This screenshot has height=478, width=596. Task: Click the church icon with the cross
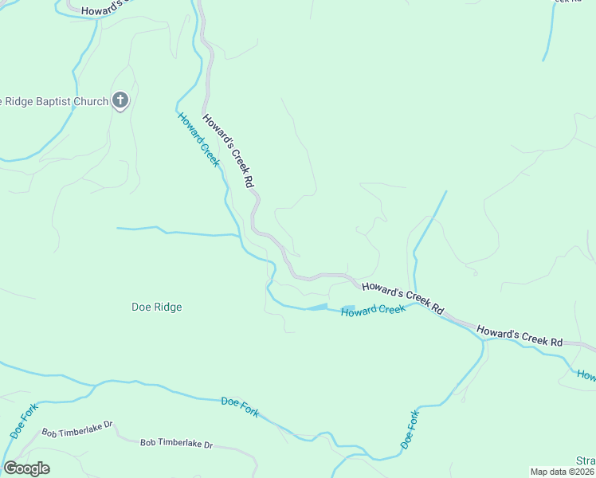click(120, 100)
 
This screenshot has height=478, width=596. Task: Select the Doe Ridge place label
click(157, 307)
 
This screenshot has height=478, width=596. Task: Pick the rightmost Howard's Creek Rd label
click(520, 335)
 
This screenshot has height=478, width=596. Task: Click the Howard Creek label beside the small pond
click(373, 310)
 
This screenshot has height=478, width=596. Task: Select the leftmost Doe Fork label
click(18, 424)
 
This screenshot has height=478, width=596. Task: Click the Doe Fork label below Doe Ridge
click(240, 407)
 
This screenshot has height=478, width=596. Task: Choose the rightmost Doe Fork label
click(408, 429)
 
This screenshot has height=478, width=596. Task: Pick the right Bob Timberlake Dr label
click(177, 443)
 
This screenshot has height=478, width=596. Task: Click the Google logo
click(26, 468)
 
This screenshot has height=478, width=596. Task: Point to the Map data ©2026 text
click(563, 472)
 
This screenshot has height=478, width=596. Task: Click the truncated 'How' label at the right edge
click(586, 375)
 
